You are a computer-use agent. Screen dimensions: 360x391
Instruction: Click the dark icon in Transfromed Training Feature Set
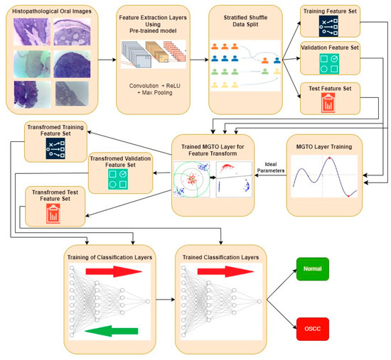coord(56,147)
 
